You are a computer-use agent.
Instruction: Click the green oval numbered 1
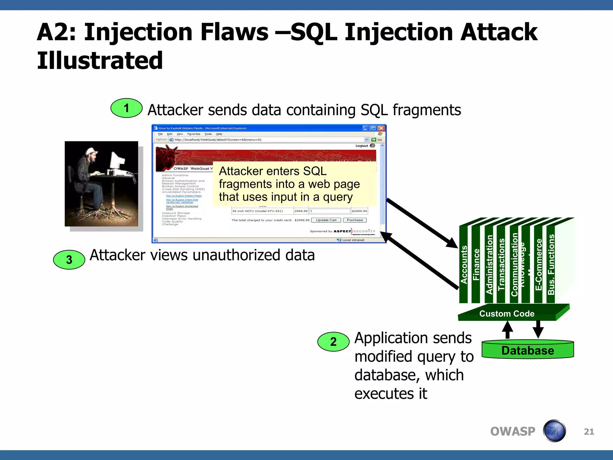[126, 108]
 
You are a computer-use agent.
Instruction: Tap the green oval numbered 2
[333, 342]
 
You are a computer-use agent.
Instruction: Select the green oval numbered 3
[69, 260]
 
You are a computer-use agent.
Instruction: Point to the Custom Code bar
[507, 314]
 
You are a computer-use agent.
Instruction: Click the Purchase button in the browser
[355, 220]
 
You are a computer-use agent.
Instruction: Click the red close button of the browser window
[381, 128]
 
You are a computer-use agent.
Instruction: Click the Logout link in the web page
[362, 146]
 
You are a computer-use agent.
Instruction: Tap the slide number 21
[589, 432]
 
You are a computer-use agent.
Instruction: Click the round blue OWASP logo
[554, 431]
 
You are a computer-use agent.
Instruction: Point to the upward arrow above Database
[507, 330]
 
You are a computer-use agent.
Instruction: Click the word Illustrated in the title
[100, 60]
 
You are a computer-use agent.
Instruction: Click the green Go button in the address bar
[377, 140]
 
